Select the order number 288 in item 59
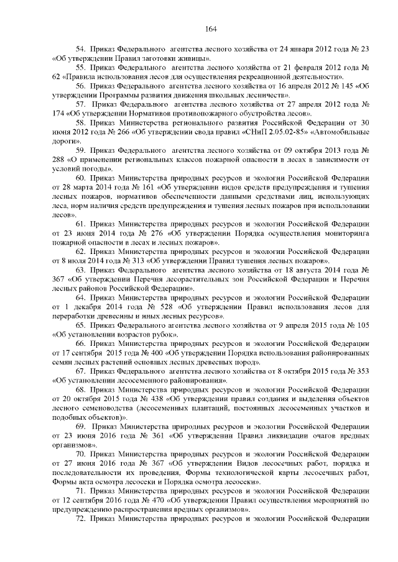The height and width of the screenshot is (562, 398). point(60,161)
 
